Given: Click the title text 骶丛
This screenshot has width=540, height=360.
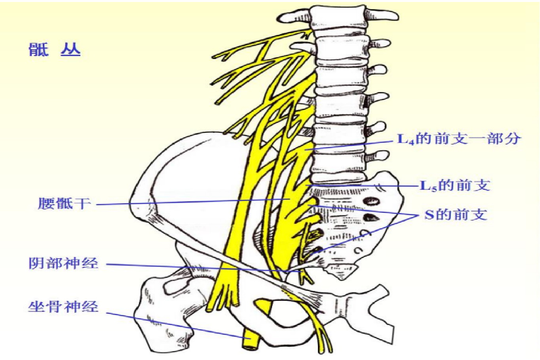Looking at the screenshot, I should (x=54, y=50).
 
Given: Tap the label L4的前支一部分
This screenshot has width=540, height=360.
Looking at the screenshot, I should (x=459, y=139).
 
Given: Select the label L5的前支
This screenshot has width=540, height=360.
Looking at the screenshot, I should (x=455, y=185).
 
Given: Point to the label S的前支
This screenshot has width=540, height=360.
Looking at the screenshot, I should (x=455, y=215).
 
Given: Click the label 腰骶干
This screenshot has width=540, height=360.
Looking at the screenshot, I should (x=64, y=204).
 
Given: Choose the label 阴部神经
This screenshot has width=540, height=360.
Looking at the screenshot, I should (x=63, y=263).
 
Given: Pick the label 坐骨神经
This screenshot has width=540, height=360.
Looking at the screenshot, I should (x=63, y=307).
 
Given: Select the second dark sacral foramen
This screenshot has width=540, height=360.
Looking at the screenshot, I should (x=369, y=217).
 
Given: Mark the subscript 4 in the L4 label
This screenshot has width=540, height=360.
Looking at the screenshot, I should (x=411, y=143).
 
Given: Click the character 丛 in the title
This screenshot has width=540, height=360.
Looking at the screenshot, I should (x=70, y=49).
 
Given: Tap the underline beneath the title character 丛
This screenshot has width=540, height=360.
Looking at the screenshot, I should (x=70, y=56).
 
